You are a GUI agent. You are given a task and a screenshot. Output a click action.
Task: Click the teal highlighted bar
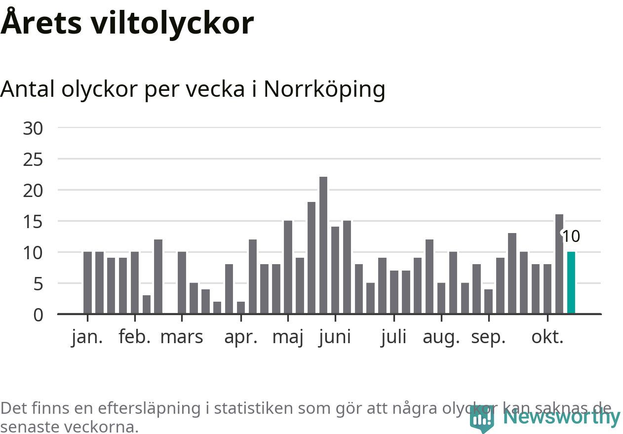571,282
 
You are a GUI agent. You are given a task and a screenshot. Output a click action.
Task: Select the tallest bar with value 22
323,245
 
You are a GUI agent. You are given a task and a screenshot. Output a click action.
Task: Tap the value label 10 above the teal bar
571,237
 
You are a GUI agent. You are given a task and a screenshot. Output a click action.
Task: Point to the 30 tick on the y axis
33,128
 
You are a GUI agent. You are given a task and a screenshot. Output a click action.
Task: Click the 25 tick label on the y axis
33,159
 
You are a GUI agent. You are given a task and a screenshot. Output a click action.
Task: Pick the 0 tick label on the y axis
38,315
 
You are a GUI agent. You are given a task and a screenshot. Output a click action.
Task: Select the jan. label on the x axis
87,337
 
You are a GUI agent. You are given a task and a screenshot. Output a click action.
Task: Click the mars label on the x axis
182,337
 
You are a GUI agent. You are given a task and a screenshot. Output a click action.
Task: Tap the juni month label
335,337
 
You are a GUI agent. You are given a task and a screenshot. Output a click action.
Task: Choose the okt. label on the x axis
547,337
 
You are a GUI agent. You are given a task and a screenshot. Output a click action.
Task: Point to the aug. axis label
441,337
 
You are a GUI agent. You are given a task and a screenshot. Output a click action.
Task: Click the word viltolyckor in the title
172,23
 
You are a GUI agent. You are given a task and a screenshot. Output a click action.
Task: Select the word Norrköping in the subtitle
324,89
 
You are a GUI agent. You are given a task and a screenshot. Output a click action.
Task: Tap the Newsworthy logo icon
481,420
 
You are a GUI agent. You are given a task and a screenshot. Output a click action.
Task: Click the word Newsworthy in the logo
562,417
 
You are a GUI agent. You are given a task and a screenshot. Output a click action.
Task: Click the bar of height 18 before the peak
311,257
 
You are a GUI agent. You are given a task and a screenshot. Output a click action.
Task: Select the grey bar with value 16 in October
559,264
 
